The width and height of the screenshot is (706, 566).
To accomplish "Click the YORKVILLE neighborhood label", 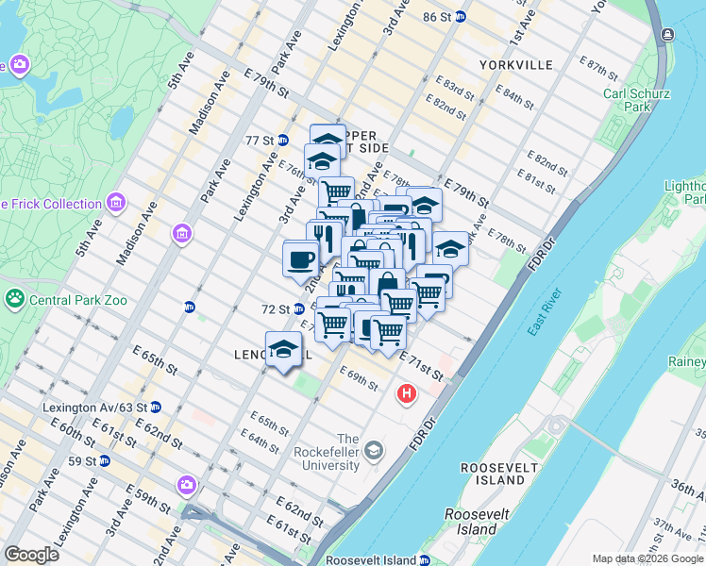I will tap(515, 65).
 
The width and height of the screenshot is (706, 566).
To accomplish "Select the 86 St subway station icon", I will tap(460, 17).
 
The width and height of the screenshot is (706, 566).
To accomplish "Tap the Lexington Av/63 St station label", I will tap(95, 408).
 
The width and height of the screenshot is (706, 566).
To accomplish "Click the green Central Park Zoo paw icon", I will tap(15, 300).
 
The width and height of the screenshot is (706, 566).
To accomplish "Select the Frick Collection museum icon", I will tap(116, 203).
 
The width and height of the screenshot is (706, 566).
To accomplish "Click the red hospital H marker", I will tap(407, 393).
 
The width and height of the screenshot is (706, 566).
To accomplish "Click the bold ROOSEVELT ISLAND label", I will tap(493, 474).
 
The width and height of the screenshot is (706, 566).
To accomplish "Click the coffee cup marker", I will tap(301, 258).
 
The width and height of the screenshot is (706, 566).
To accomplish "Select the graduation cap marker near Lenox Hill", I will tap(283, 350).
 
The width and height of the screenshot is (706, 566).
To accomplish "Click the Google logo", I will tap(32, 555).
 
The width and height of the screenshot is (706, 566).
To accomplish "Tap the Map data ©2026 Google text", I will tap(647, 558).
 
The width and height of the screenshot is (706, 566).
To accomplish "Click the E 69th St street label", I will tap(360, 378).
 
